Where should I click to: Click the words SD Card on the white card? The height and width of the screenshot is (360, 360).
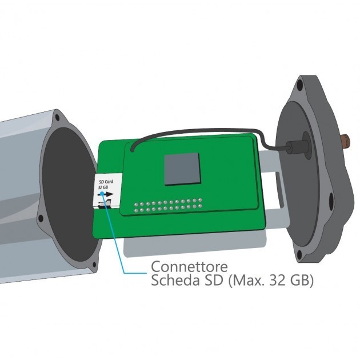point(105,181)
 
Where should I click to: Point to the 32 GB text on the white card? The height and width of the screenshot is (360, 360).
point(103,187)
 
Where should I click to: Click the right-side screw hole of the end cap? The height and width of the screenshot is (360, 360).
point(331,200)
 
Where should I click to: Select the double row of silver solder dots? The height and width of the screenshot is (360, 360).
point(168,206)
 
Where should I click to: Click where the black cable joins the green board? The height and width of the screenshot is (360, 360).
point(132,150)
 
